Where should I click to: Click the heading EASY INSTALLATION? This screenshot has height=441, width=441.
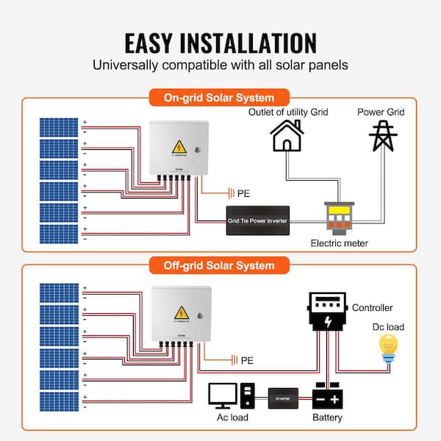point(220,42)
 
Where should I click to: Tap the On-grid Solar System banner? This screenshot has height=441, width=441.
point(220,97)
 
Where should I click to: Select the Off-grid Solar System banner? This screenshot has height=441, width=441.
point(220,265)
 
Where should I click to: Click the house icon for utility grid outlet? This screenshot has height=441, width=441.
point(287,136)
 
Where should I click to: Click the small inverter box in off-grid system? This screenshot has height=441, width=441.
point(283,398)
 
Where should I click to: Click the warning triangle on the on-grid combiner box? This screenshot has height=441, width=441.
point(178,145)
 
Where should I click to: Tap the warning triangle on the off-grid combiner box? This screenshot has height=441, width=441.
point(178,312)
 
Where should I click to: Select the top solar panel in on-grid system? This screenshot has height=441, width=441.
point(57,126)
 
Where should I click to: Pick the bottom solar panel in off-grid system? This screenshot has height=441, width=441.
point(57,402)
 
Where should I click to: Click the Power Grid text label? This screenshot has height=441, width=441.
point(381,112)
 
